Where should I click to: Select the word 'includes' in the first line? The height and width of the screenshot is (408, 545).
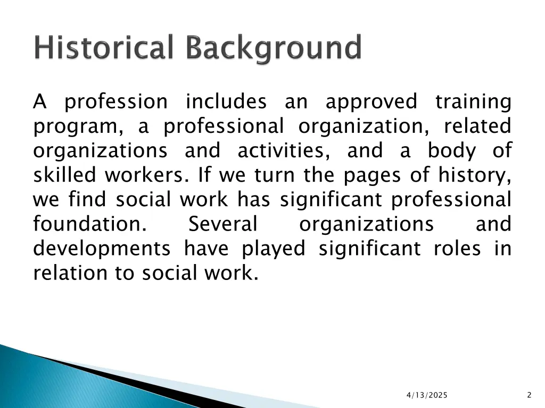(226, 101)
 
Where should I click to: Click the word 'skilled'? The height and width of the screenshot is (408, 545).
(65, 175)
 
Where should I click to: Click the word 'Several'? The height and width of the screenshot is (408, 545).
(223, 224)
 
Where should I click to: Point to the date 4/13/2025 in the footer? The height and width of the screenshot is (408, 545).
(427, 395)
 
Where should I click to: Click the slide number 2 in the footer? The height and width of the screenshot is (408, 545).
(529, 395)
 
